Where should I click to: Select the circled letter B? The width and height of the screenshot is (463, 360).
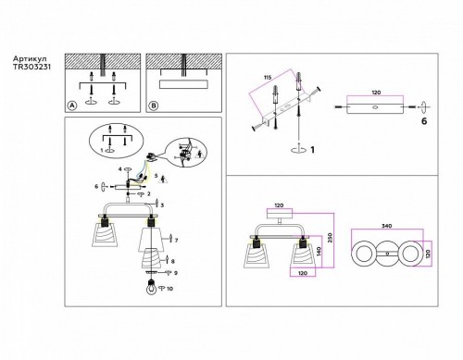154,106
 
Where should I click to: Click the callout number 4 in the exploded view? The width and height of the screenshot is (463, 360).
119,170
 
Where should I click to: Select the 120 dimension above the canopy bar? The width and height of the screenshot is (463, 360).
376,94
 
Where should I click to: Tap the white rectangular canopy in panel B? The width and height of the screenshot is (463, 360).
181,85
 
